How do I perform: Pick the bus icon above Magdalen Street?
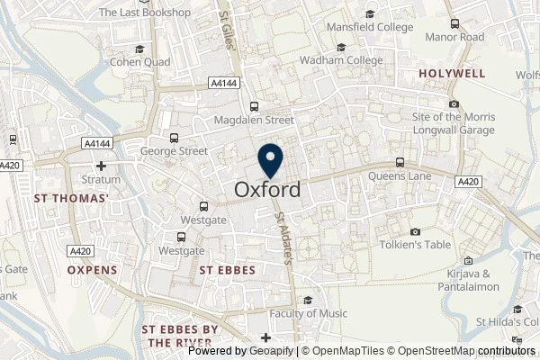tap(255, 105)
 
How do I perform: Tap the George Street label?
tap(174, 152)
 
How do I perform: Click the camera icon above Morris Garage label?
tap(454, 103)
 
